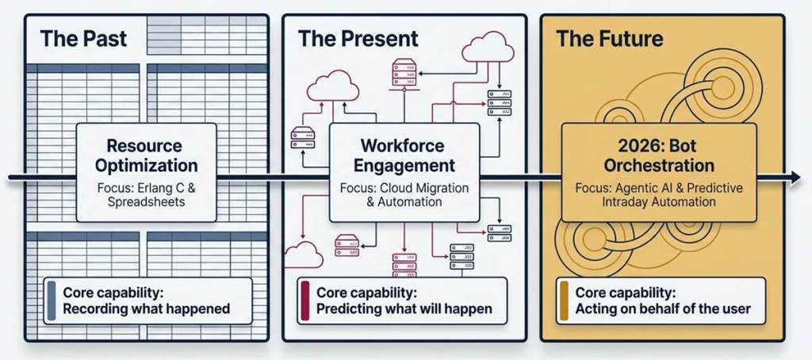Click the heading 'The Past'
coord(83,39)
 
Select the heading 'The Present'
coord(358,39)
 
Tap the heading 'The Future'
coord(610,39)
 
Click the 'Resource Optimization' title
coord(146,155)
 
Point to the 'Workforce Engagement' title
coord(402,155)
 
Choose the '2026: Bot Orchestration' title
coord(659,155)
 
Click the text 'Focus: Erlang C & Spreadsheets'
coord(146,194)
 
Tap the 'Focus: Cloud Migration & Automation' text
coord(404,194)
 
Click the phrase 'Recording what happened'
coord(146,309)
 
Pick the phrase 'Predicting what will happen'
coord(404,309)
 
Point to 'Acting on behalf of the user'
coord(663,309)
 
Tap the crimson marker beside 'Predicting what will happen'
coord(304,301)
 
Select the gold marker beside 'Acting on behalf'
coord(564,301)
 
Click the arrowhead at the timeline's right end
coord(795,178)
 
